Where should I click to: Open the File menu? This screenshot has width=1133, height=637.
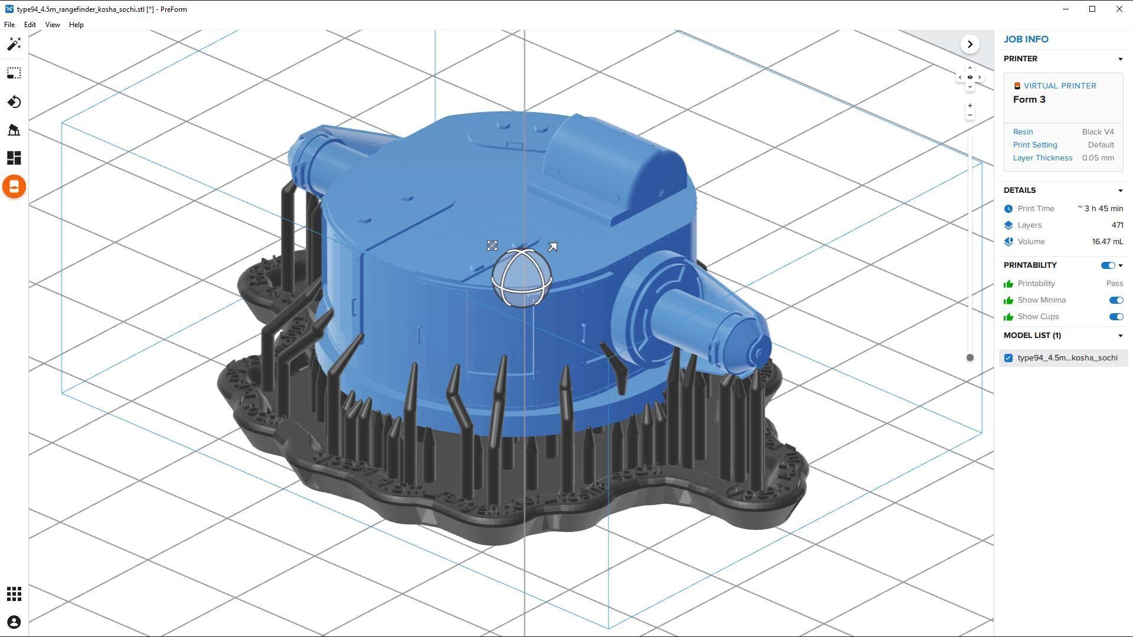click(9, 25)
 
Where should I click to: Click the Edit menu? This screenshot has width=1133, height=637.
click(30, 25)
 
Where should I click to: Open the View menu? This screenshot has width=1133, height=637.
click(53, 25)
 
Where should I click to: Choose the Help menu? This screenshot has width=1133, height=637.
click(76, 25)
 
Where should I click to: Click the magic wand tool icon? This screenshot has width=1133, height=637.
click(14, 44)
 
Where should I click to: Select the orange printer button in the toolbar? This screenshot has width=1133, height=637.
click(14, 187)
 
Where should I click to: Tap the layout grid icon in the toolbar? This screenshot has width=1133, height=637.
click(14, 158)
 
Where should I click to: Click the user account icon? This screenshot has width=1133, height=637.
click(14, 622)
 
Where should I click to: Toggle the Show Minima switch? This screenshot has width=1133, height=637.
click(1115, 300)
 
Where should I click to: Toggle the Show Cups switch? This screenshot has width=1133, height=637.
click(1115, 317)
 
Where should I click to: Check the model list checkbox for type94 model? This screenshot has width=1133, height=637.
click(1008, 358)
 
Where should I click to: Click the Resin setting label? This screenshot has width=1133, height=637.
click(1023, 132)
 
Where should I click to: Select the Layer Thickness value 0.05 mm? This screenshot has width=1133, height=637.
click(1098, 158)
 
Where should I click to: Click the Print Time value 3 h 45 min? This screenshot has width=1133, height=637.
click(1101, 209)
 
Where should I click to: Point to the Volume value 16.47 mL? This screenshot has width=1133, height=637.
click(1107, 242)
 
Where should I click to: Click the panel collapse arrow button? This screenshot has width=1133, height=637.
click(970, 44)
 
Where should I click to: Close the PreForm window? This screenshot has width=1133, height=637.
click(1119, 9)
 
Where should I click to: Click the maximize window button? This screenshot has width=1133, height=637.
click(1092, 9)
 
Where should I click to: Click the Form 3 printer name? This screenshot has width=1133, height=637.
click(1029, 100)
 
